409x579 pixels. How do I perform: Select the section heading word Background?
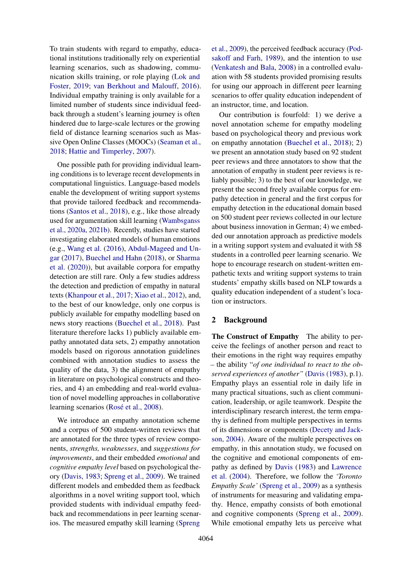[245, 320]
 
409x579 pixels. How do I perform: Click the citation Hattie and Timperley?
[100, 151]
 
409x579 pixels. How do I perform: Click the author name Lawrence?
[347, 467]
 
